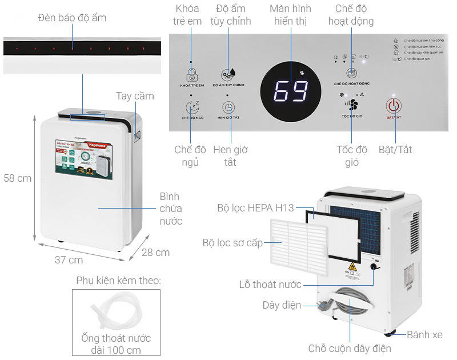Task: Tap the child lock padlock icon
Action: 192,74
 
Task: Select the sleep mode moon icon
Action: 192,107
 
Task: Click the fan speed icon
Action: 352,105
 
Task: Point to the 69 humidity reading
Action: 291,91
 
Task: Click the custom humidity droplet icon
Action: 228,74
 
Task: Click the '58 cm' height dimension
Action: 17,178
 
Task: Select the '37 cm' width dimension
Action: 69,260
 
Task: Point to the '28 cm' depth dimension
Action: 155,252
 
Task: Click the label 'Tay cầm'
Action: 135,96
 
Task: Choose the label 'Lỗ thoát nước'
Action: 270,285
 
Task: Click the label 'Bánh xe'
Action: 424,335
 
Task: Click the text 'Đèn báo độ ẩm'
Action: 72,18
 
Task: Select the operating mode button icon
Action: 352,73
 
